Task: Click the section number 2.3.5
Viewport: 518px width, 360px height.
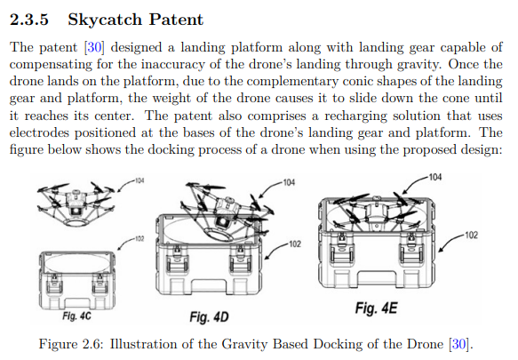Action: point(29,20)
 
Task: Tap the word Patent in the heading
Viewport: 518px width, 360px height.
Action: point(176,20)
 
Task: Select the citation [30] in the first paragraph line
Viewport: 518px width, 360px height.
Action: point(94,47)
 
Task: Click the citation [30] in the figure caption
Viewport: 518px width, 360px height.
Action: point(458,344)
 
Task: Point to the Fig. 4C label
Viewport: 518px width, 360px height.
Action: point(76,316)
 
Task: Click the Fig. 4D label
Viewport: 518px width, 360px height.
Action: point(209,317)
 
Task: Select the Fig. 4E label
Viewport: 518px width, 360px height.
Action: point(376,308)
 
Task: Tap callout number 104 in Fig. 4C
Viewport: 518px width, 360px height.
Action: point(139,180)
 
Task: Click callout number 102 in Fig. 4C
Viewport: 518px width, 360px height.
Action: point(139,238)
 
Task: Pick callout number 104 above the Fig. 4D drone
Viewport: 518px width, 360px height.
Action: point(289,182)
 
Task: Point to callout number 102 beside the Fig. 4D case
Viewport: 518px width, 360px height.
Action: point(295,244)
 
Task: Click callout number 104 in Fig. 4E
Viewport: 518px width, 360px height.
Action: point(435,177)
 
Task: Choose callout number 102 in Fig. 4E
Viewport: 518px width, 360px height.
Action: point(472,235)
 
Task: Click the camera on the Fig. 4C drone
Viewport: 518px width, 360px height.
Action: point(76,211)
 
